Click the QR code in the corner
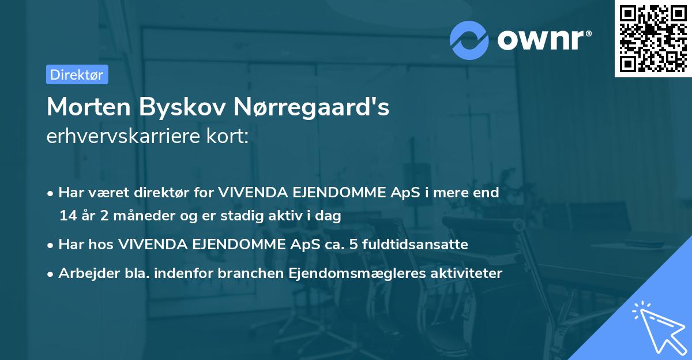[x=653, y=39]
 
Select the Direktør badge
[x=77, y=74]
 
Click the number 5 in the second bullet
[x=356, y=245]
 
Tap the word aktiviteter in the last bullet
[x=466, y=273]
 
